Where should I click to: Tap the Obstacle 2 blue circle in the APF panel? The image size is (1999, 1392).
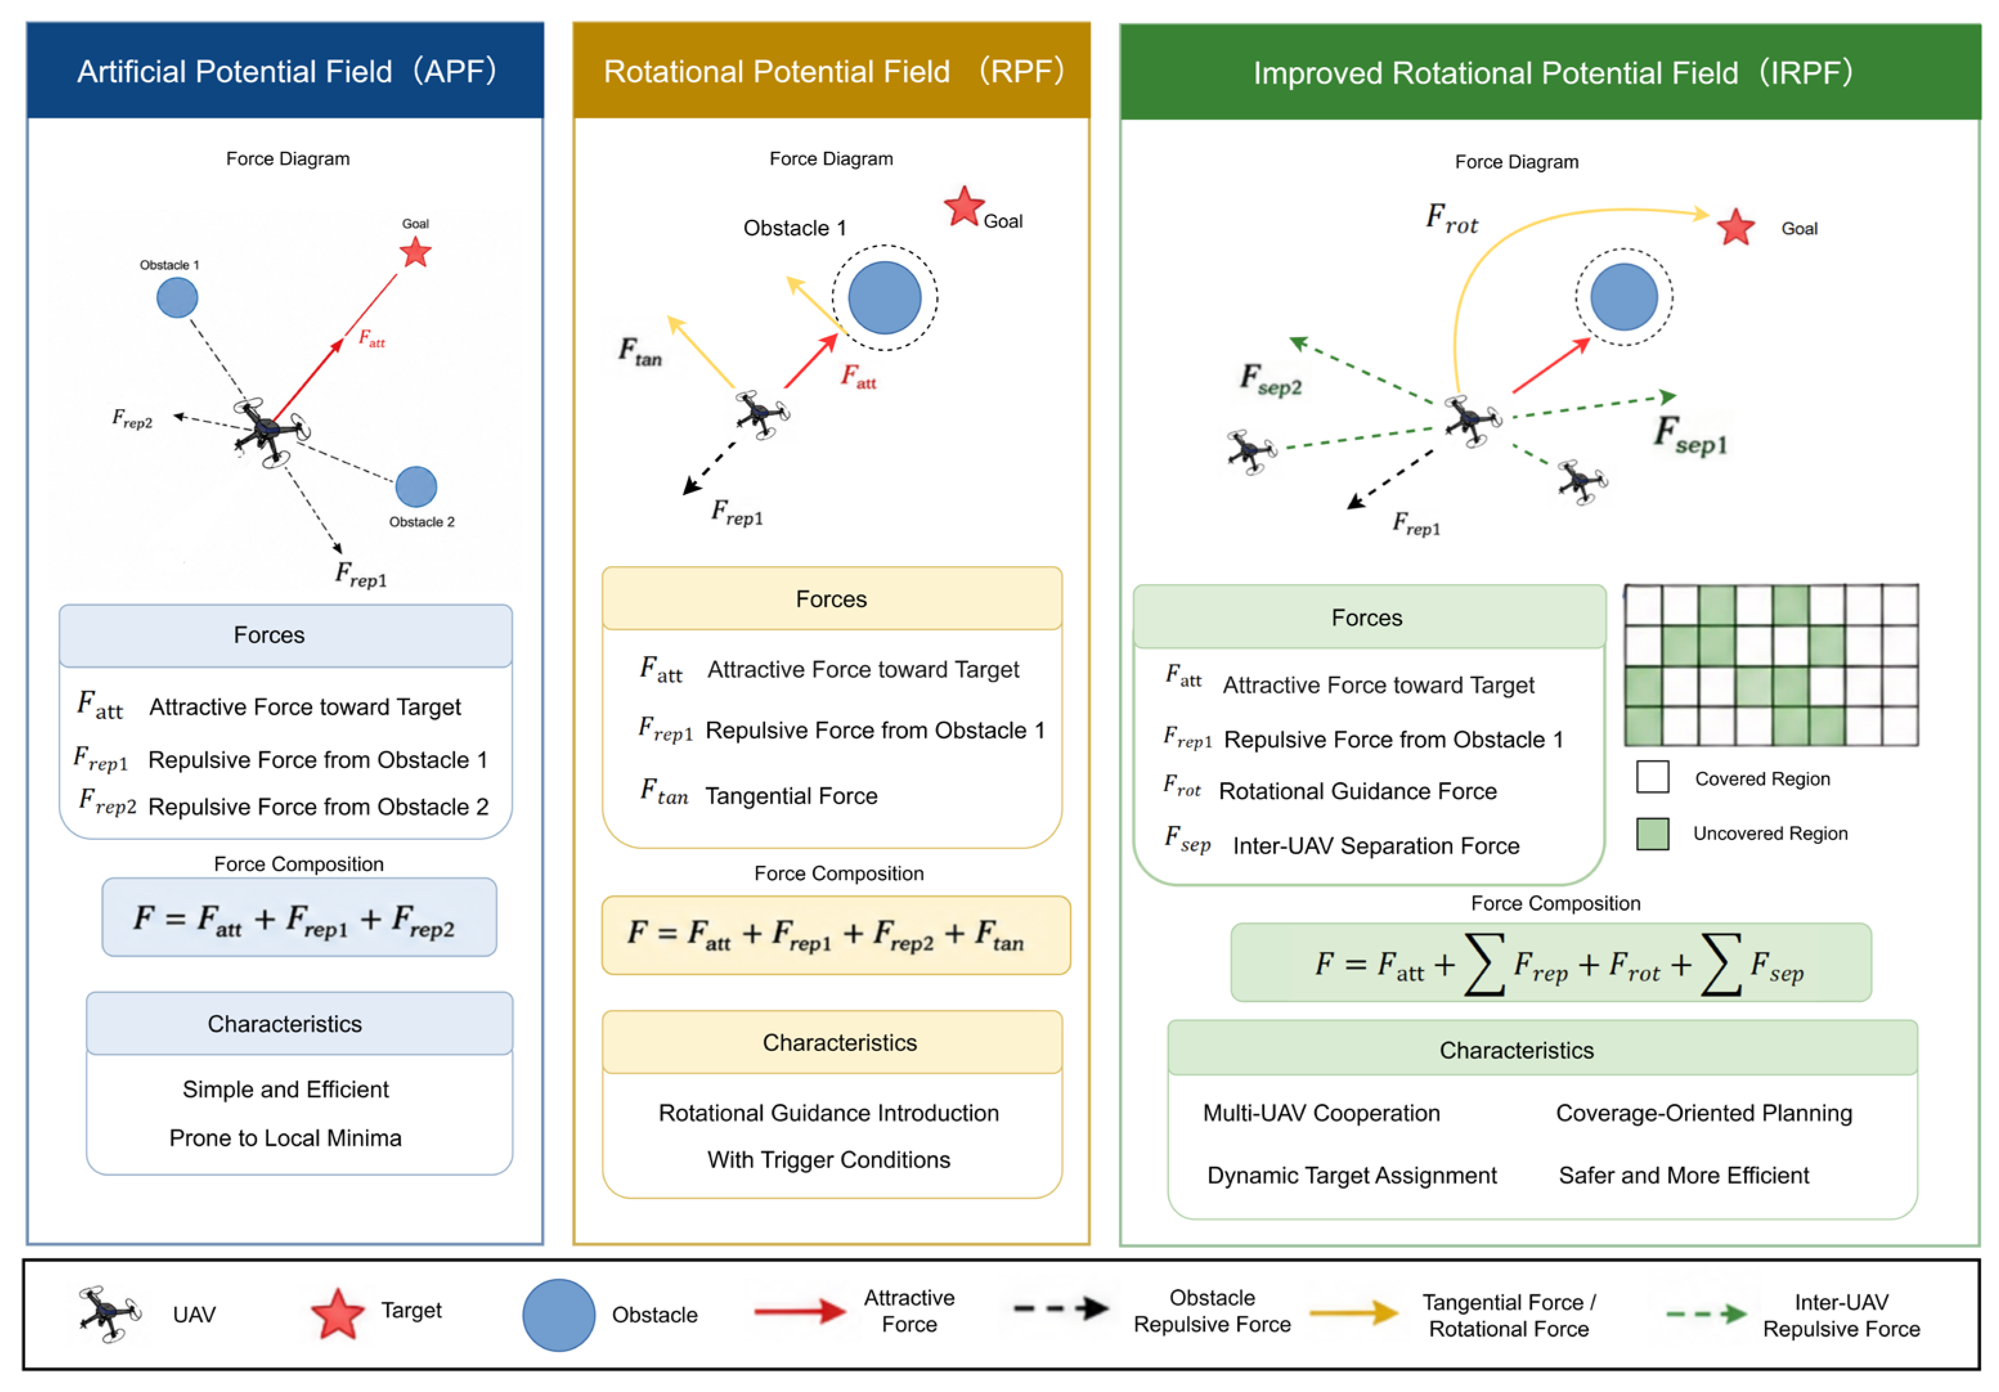416,487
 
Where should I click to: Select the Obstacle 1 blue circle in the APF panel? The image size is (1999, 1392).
177,298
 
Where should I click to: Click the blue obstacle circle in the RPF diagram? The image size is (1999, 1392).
885,298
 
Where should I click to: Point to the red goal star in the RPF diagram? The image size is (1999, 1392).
964,207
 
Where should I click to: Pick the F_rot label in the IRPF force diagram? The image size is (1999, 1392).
1451,217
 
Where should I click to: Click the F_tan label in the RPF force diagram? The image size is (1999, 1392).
640,352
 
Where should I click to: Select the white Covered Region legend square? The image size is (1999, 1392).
1652,776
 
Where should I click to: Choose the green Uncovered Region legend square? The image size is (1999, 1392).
1652,833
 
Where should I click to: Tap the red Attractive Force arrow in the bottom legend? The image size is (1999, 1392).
799,1310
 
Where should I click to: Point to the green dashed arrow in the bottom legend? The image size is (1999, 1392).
1706,1314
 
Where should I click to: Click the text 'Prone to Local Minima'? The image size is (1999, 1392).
286,1138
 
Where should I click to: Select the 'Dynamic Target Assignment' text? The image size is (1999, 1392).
1352,1176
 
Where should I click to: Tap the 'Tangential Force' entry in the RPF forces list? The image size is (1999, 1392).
791,796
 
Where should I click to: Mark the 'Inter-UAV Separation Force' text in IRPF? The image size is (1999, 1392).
1376,845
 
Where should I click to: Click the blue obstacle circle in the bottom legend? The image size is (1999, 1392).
559,1315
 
